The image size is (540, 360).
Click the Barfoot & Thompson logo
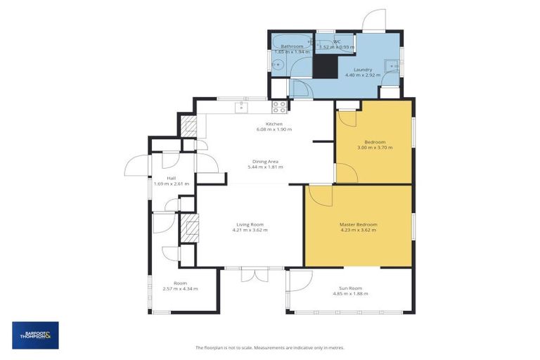click(35, 335)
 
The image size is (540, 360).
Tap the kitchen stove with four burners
click(279, 108)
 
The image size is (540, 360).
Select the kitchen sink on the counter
click(241, 108)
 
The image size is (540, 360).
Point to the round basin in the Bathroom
click(277, 65)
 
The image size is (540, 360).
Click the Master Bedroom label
click(358, 224)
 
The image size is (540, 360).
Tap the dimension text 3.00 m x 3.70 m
click(374, 148)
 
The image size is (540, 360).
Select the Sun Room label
click(349, 288)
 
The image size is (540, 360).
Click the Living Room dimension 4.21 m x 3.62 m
click(250, 230)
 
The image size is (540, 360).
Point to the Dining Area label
click(265, 161)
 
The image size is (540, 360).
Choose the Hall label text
click(161, 178)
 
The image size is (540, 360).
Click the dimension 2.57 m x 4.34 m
click(180, 289)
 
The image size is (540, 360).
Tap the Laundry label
click(363, 69)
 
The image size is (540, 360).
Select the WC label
click(337, 41)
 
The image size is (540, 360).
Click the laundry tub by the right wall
click(390, 67)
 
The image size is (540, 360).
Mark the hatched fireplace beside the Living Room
click(188, 227)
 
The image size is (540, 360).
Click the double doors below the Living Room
click(255, 275)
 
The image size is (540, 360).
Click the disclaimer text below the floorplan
click(269, 347)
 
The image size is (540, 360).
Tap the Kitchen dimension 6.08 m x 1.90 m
click(274, 129)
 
